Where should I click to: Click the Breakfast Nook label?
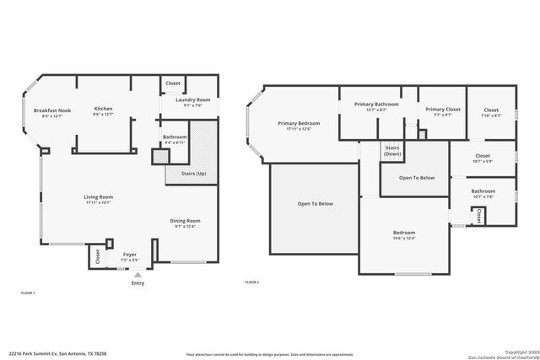pyautogui.click(x=51, y=110)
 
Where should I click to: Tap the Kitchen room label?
pyautogui.click(x=103, y=109)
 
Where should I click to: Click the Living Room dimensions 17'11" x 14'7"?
pyautogui.click(x=98, y=203)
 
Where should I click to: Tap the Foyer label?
pyautogui.click(x=130, y=254)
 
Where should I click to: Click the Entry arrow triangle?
pyautogui.click(x=138, y=275)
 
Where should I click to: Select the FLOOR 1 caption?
pyautogui.click(x=28, y=293)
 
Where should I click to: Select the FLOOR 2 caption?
pyautogui.click(x=251, y=282)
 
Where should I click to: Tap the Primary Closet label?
pyautogui.click(x=442, y=109)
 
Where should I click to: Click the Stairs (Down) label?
pyautogui.click(x=392, y=151)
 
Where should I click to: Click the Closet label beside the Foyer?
pyautogui.click(x=98, y=257)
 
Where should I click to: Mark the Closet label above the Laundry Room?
pyautogui.click(x=173, y=83)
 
